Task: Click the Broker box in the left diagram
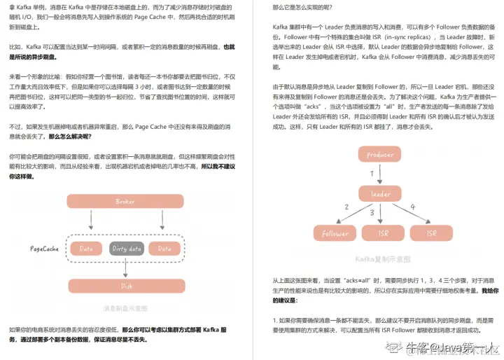pos(125,202)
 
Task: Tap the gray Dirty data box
pos(126,249)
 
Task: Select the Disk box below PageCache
pos(126,286)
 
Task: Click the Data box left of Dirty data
pos(86,249)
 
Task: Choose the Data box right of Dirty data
pos(164,249)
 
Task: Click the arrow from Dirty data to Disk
pos(126,268)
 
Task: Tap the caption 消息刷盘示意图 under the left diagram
pos(125,308)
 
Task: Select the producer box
pos(381,155)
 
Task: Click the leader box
pos(381,194)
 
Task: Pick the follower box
pos(334,233)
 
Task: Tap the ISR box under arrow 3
pos(383,233)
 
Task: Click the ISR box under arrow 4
pos(431,233)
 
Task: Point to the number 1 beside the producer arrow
pos(372,173)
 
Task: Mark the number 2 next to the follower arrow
pos(346,207)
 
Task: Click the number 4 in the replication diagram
pos(413,207)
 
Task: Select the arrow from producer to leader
pos(381,174)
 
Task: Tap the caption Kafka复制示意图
pos(381,258)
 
